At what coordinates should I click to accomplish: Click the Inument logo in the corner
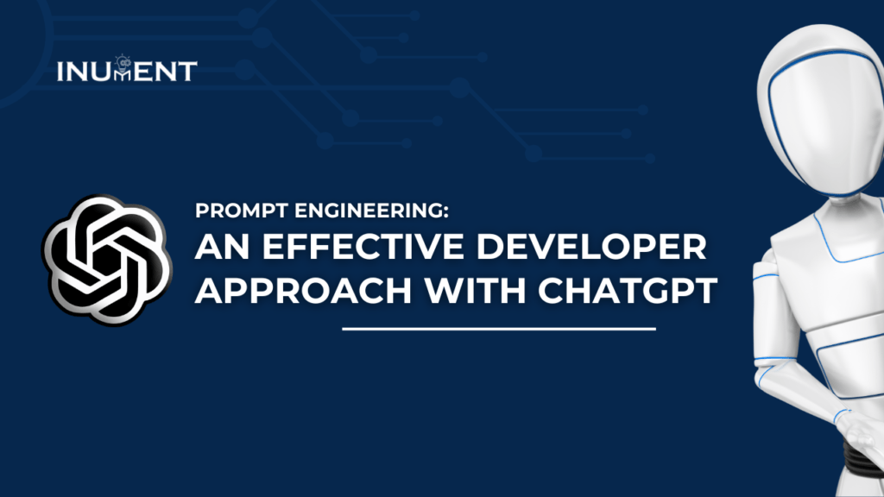(x=127, y=69)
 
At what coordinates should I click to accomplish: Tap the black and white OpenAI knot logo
(x=106, y=260)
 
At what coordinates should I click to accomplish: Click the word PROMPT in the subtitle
(x=242, y=211)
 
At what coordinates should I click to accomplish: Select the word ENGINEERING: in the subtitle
(x=371, y=211)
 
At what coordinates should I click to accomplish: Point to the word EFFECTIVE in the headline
(x=364, y=247)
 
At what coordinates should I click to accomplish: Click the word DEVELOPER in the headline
(x=591, y=247)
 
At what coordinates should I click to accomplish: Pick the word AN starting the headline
(x=223, y=247)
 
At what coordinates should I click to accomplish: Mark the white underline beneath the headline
(x=499, y=329)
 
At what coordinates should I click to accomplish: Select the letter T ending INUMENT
(x=187, y=72)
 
